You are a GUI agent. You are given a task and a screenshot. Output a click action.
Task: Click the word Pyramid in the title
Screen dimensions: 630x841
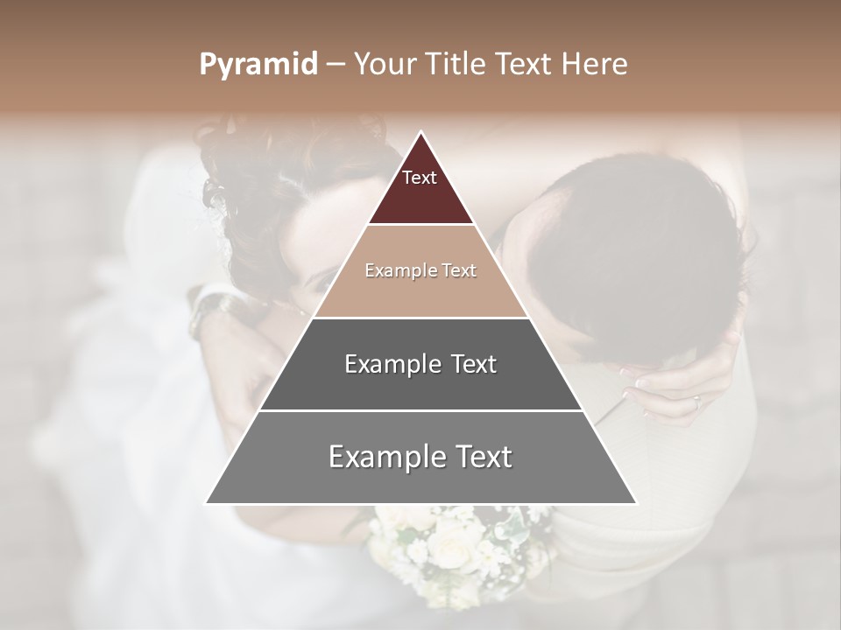tap(258, 65)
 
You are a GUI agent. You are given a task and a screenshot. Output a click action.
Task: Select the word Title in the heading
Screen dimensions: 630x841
tap(456, 65)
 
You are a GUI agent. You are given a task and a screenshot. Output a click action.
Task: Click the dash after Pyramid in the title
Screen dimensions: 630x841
tap(335, 66)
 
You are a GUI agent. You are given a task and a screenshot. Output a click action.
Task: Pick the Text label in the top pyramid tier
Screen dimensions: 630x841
tap(420, 178)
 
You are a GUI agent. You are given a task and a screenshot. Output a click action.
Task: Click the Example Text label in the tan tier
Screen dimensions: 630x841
tap(420, 271)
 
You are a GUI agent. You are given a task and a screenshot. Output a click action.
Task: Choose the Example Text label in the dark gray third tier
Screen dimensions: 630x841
tap(420, 364)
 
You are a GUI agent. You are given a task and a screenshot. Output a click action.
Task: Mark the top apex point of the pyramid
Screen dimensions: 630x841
tap(421, 131)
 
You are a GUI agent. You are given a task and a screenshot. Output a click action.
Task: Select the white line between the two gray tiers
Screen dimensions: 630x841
tap(420, 410)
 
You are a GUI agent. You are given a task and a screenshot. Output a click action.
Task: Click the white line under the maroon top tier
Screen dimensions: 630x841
tap(420, 225)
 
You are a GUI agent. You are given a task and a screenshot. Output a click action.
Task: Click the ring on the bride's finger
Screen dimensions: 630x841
tap(696, 402)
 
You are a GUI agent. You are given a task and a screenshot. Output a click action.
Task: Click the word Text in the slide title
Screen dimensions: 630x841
tap(526, 65)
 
